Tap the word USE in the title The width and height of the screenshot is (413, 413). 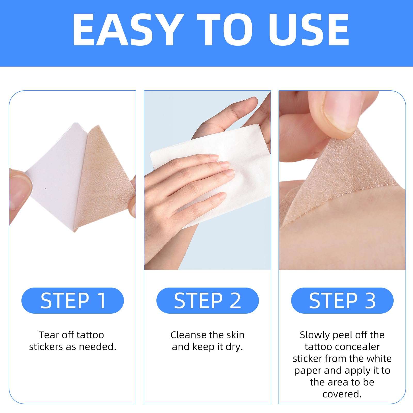pos(309,30)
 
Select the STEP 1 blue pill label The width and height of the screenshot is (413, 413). pos(73,300)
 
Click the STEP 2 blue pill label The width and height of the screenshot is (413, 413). pos(208,300)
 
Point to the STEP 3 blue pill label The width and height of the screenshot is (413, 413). pos(342,300)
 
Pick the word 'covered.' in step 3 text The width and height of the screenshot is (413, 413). pos(342,394)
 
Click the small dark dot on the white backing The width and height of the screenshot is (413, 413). pos(46,188)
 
